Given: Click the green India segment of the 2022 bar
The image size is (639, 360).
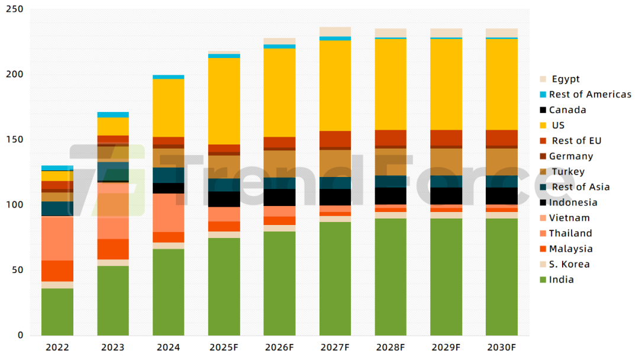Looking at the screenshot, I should click(57, 311).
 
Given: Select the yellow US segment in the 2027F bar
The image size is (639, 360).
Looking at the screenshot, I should click(335, 85).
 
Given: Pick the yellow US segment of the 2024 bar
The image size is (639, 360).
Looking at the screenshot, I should click(168, 108).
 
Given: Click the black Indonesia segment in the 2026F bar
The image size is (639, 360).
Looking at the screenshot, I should click(279, 197).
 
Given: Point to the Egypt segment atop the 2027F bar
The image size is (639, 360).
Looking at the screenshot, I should click(335, 31).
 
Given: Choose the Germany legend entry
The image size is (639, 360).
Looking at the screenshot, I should click(570, 156).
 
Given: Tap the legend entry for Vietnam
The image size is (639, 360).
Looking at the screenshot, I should click(569, 218).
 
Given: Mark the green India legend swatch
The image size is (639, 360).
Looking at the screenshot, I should click(543, 279).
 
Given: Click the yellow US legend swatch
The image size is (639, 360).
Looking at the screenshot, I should click(543, 126).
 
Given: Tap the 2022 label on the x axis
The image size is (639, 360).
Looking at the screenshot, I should click(57, 347).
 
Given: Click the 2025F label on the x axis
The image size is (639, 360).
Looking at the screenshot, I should click(224, 347).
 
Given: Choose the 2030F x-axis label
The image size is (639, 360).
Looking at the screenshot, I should click(502, 347).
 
